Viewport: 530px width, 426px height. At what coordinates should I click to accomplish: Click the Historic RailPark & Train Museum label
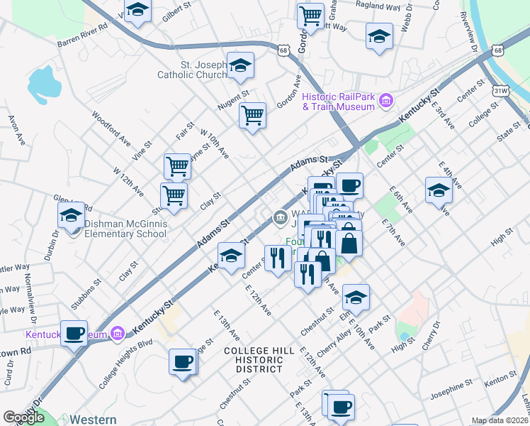[337, 102]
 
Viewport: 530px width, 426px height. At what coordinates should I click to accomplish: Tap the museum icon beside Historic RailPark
[386, 102]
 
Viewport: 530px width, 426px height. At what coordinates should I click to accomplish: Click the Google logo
[23, 417]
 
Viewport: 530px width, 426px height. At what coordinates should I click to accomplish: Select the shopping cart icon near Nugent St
[252, 114]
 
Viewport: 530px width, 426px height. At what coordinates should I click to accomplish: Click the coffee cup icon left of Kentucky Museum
[74, 332]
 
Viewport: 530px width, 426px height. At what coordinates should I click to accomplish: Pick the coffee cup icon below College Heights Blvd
[182, 360]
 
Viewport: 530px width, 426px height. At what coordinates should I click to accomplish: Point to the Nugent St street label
[234, 99]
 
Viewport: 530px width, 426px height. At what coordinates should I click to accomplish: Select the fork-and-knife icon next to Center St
[276, 256]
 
